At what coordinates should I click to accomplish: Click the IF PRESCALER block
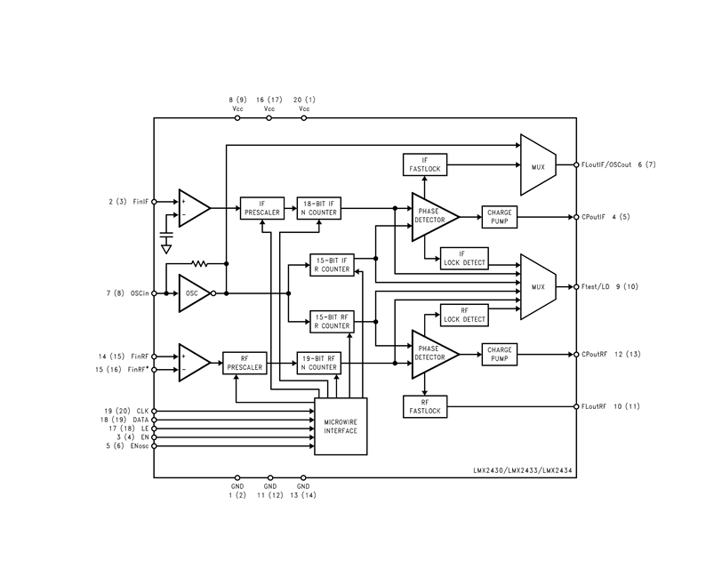(262, 208)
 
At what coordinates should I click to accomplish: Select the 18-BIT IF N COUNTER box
(319, 208)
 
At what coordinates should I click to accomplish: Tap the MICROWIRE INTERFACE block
(341, 426)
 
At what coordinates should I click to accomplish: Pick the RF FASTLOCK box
(425, 406)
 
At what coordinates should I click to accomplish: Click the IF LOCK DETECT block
(464, 259)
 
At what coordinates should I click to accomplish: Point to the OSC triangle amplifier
(195, 293)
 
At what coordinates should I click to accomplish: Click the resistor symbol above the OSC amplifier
(199, 263)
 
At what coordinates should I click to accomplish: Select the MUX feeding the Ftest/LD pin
(538, 286)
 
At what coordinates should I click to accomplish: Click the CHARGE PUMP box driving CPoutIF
(500, 217)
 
